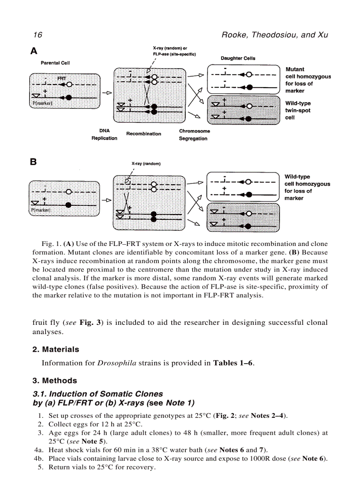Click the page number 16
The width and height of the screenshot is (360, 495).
pyautogui.click(x=37, y=35)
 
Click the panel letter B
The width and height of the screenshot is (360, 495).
pyautogui.click(x=34, y=162)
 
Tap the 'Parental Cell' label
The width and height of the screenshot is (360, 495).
pyautogui.click(x=55, y=63)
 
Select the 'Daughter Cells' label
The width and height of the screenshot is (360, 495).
pyautogui.click(x=238, y=58)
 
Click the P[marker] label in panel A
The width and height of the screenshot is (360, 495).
pyautogui.click(x=41, y=103)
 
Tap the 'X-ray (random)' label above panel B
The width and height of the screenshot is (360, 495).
pyautogui.click(x=146, y=164)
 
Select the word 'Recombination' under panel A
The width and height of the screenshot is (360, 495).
pyautogui.click(x=144, y=134)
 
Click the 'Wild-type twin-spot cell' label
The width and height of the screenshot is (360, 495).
pyautogui.click(x=298, y=110)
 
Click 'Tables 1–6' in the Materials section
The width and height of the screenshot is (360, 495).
pyautogui.click(x=233, y=364)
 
